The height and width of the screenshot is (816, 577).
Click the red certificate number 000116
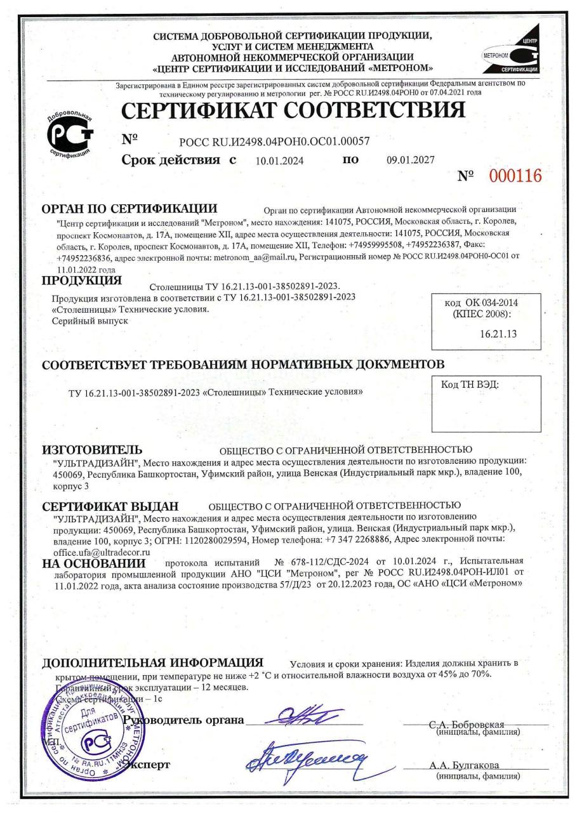[515, 176]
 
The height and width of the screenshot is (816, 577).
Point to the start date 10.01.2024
[279, 161]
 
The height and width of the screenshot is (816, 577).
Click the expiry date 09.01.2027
[410, 161]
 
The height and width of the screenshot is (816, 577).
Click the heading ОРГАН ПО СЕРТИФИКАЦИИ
[130, 209]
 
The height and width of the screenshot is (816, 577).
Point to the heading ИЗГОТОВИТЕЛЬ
[91, 450]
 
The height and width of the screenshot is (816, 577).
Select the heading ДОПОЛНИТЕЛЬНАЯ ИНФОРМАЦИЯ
[152, 664]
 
